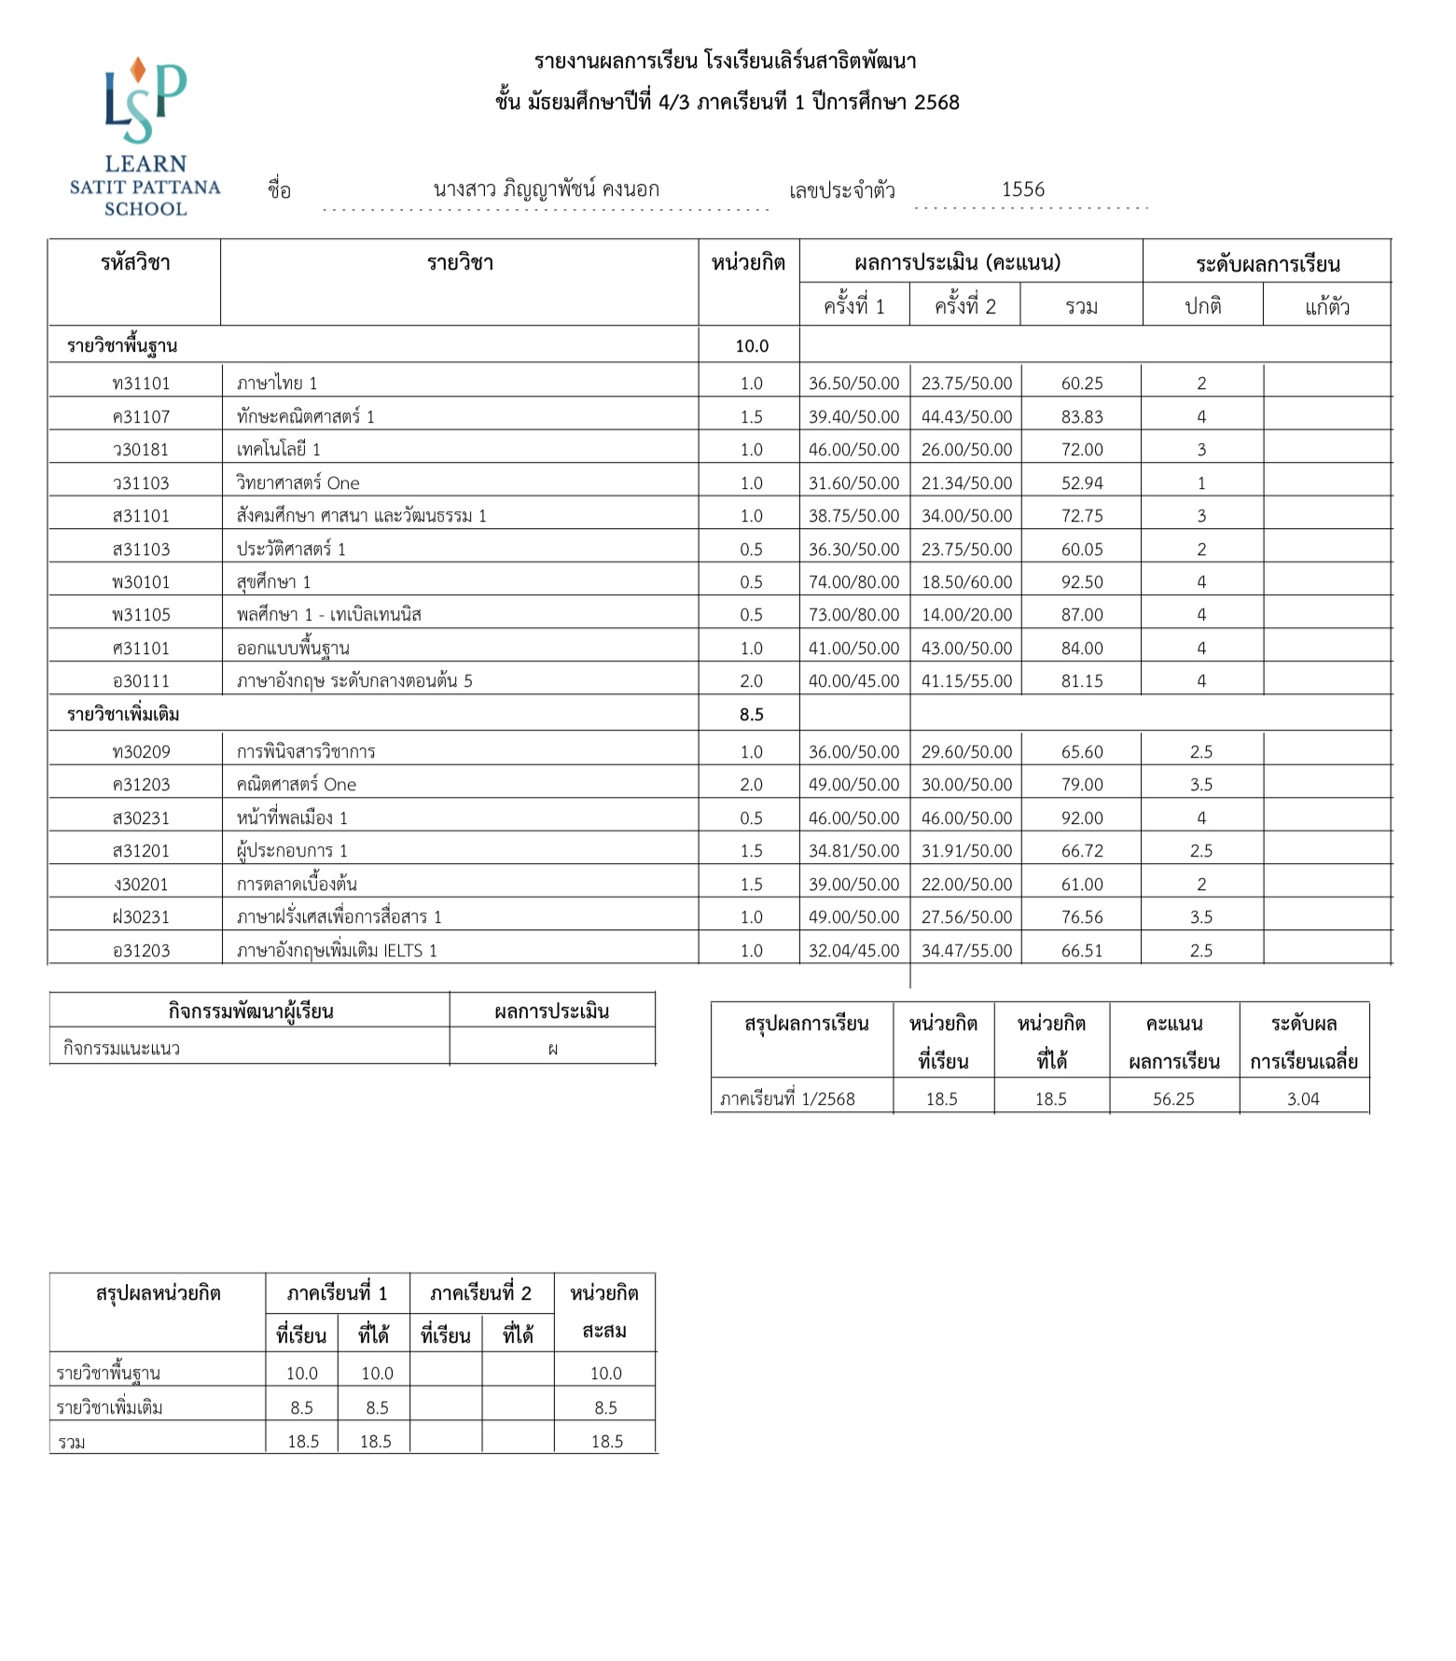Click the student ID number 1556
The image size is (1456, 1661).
(1022, 189)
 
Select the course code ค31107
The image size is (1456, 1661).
(141, 417)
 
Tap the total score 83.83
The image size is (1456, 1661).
(1081, 417)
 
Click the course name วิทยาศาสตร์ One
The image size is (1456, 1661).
(298, 483)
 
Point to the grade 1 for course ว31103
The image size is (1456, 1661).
(1201, 483)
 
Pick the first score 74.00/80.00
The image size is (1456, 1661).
(853, 582)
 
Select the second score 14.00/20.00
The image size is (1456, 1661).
(966, 615)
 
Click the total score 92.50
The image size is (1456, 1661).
(1081, 582)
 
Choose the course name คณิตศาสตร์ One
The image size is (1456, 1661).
(296, 785)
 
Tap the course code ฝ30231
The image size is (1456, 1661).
(141, 917)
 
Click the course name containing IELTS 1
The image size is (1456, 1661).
(337, 951)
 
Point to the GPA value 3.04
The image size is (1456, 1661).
(1303, 1099)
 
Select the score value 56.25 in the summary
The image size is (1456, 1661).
(1172, 1099)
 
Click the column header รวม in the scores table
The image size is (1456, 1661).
(1081, 307)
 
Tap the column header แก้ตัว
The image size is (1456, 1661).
(1326, 307)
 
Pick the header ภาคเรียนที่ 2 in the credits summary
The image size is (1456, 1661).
(480, 1293)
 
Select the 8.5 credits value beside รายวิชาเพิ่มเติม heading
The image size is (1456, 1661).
(751, 715)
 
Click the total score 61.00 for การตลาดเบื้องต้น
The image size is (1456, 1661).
(1081, 885)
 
